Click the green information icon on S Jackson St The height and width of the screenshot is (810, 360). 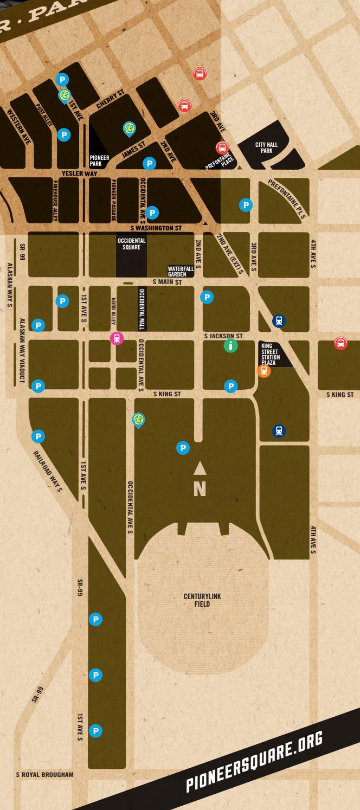[230, 346]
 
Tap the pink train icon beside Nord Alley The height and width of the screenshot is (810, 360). [117, 339]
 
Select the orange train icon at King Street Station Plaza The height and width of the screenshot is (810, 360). [264, 371]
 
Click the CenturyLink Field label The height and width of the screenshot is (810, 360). [202, 600]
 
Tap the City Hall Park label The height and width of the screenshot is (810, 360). [266, 148]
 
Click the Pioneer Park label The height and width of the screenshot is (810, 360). [99, 160]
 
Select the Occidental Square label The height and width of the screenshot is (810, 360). [131, 243]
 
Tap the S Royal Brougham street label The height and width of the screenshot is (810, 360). [44, 774]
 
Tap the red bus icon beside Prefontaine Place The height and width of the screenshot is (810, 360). [222, 147]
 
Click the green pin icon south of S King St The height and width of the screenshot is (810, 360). [139, 420]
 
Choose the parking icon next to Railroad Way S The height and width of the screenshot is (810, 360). [38, 436]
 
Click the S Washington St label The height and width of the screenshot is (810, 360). [156, 228]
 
